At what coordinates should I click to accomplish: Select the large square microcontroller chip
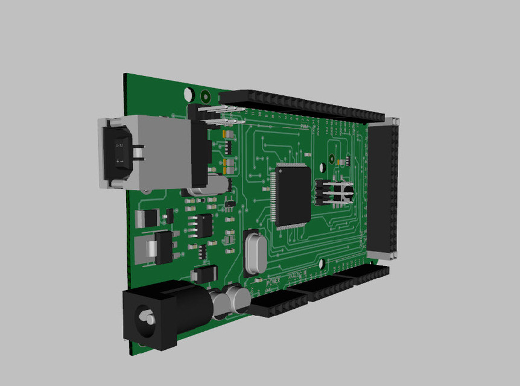pyautogui.click(x=293, y=196)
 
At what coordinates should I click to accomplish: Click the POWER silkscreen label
pyautogui.click(x=274, y=281)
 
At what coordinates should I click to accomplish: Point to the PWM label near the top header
pyautogui.click(x=305, y=127)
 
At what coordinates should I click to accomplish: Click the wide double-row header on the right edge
pyautogui.click(x=383, y=187)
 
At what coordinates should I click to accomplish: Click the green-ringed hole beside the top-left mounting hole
pyautogui.click(x=205, y=95)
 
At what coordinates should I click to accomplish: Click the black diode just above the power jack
pyautogui.click(x=204, y=275)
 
